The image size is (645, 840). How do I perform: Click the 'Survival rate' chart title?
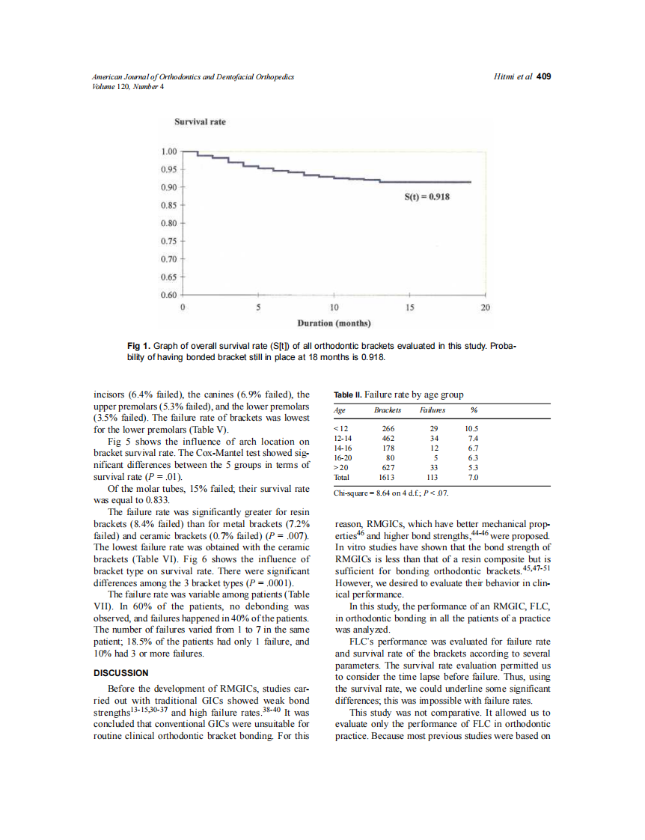pyautogui.click(x=200, y=121)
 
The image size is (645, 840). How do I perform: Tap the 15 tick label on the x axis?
pyautogui.click(x=409, y=307)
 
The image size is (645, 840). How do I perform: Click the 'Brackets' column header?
pyautogui.click(x=388, y=410)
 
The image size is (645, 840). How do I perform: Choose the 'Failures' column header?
pyautogui.click(x=432, y=410)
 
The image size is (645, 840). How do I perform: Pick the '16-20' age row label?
pyautogui.click(x=343, y=457)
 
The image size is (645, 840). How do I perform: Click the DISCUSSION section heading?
pyautogui.click(x=121, y=672)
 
